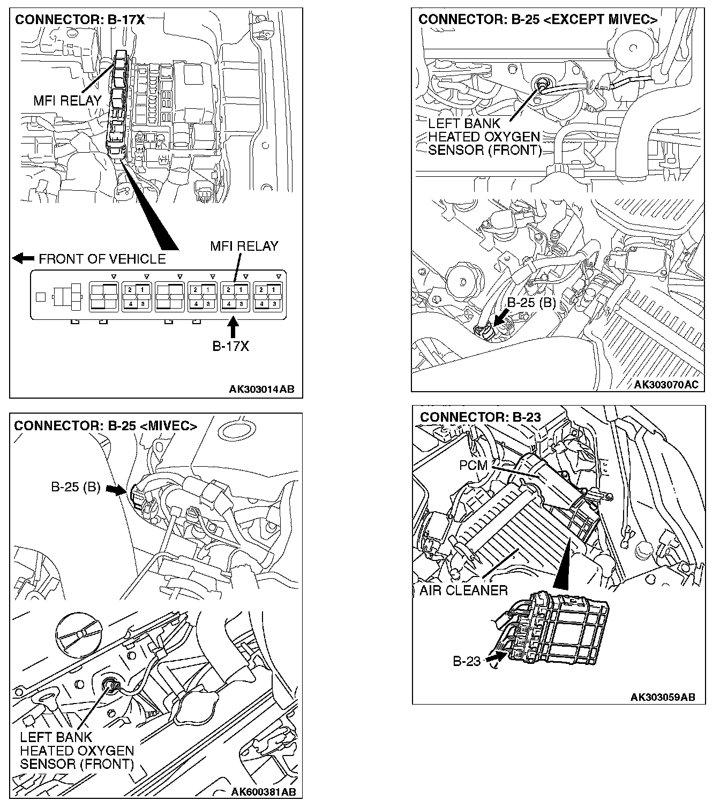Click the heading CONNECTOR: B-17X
pos(80,20)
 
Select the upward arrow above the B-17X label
pos(233,327)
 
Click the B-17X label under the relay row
pos(230,346)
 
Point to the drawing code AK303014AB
pos(261,390)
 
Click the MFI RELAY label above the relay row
pos(244,246)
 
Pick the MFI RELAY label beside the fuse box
pos(67,100)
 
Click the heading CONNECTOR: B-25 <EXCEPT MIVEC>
pos(538,20)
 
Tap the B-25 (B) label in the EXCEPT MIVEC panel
pos(531,303)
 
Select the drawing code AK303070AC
pos(666,385)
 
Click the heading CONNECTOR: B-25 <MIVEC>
pos(106,426)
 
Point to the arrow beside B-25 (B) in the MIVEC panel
pos(115,489)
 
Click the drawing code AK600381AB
pos(263,792)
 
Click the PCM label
pos(473,465)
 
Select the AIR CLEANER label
pos(463,590)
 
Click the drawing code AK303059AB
pos(663,697)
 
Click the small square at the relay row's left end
pos(40,296)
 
